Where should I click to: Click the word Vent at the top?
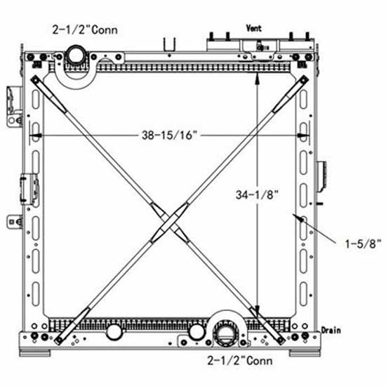[253, 28]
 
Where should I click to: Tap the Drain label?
[331, 329]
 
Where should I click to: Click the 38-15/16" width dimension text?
[166, 136]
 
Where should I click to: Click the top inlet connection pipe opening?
[74, 54]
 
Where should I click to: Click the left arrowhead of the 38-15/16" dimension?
[35, 136]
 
